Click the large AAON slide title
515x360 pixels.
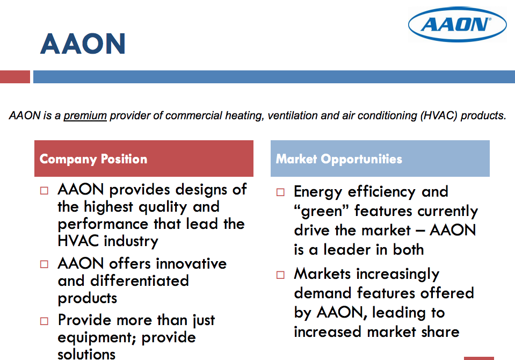click(x=83, y=44)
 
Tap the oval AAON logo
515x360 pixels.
click(x=457, y=24)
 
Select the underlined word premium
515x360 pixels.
click(x=85, y=116)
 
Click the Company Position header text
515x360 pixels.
click(x=93, y=159)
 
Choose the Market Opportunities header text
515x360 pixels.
click(x=339, y=159)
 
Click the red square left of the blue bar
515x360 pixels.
click(x=15, y=77)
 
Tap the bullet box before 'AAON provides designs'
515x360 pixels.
click(x=44, y=191)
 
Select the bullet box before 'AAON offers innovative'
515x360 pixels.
click(x=44, y=264)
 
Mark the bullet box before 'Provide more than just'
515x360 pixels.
click(x=44, y=321)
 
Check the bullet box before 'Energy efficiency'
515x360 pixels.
click(x=280, y=192)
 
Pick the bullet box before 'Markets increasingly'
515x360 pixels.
click(x=280, y=275)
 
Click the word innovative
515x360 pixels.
click(x=191, y=264)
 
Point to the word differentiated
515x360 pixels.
click(x=140, y=281)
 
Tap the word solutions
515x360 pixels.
click(x=86, y=354)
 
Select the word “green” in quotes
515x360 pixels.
click(x=321, y=212)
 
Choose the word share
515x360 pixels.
click(x=440, y=332)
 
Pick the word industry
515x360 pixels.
click(x=130, y=241)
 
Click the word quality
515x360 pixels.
click(x=163, y=207)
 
